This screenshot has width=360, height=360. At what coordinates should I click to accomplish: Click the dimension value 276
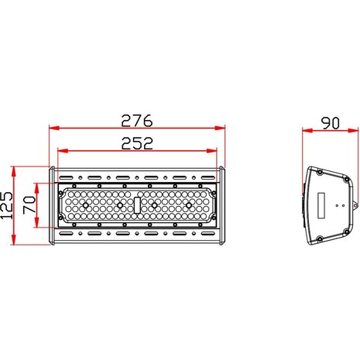pos(138,120)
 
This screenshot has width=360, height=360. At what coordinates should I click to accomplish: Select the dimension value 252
pos(138,142)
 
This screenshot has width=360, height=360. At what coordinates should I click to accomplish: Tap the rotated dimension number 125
pos(9,205)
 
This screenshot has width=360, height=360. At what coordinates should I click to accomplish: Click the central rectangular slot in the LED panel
pos(138,205)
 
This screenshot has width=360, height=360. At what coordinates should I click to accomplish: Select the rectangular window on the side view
pos(320,205)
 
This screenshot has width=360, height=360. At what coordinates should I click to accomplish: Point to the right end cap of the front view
pos(223,205)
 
